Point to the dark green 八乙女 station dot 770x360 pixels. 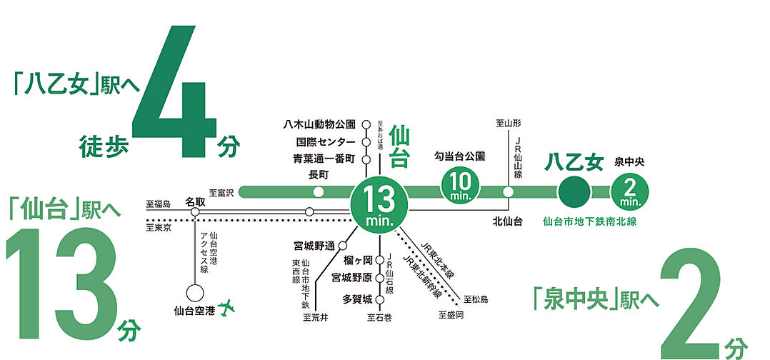click(x=574, y=191)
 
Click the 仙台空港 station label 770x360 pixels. click(x=194, y=311)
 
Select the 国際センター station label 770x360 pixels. click(x=325, y=141)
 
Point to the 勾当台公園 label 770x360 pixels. click(x=459, y=155)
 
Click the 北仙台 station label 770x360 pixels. click(x=507, y=221)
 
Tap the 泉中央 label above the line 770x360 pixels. click(x=629, y=162)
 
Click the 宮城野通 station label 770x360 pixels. click(x=314, y=246)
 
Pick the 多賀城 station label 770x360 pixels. click(x=358, y=299)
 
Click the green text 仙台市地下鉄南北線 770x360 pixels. click(x=589, y=221)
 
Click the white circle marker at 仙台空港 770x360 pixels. click(x=194, y=293)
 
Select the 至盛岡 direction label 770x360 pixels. click(x=451, y=315)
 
